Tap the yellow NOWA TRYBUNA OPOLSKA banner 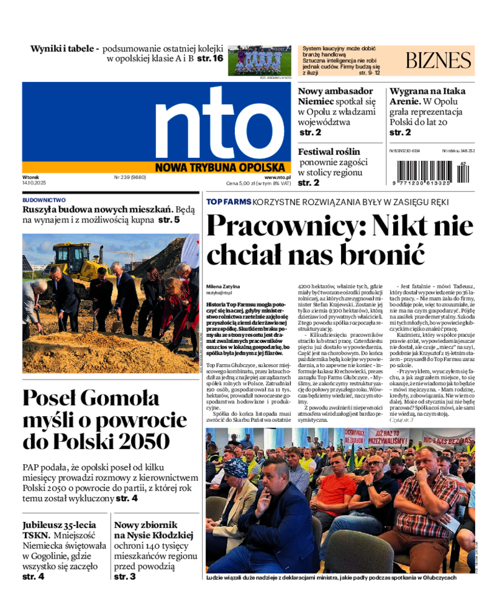222,166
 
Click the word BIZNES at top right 438,60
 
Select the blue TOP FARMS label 229,202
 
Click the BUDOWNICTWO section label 44,200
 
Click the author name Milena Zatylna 223,286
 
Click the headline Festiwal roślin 329,152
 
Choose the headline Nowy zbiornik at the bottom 146,525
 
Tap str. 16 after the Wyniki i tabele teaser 210,58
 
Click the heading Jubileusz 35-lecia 60,525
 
